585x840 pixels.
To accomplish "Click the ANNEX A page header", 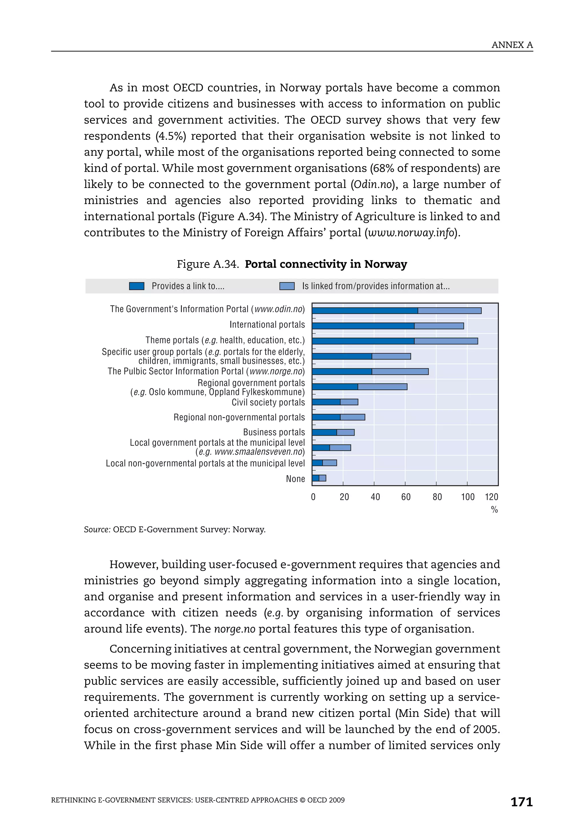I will [x=512, y=45].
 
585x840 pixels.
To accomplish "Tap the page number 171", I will [x=521, y=802].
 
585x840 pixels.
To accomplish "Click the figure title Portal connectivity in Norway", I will [x=326, y=264].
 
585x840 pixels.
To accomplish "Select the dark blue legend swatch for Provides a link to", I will [x=137, y=286].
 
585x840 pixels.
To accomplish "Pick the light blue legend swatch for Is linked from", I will [x=287, y=286].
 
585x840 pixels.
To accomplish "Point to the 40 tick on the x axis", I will [x=375, y=497].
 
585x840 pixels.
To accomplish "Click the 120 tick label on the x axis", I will [x=491, y=497].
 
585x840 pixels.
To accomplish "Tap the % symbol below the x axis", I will [x=494, y=510].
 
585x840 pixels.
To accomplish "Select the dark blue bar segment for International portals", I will [x=363, y=326].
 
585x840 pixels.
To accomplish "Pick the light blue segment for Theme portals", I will [x=446, y=341].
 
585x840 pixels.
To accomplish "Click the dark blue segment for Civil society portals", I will [x=326, y=402].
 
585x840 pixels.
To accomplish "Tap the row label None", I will [x=295, y=479].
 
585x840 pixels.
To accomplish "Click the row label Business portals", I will [x=274, y=432].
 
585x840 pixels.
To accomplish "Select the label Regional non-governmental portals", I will [x=239, y=418].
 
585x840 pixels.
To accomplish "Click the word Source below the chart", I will [x=97, y=529].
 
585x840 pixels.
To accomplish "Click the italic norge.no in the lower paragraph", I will [x=235, y=629].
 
